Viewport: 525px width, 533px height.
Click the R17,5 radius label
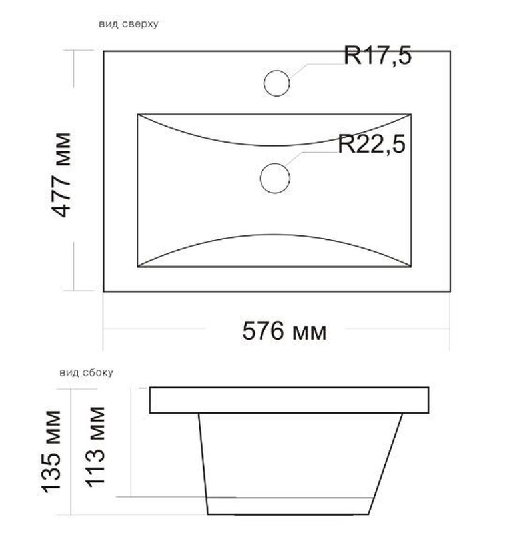click(x=378, y=56)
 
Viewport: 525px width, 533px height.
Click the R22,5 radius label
click(x=372, y=144)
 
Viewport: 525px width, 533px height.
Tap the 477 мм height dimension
click(x=63, y=175)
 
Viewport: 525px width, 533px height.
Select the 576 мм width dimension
click(x=284, y=331)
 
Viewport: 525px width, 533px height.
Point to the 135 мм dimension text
click(x=51, y=452)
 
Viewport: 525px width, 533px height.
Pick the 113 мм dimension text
click(x=95, y=447)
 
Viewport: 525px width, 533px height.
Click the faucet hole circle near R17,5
click(x=276, y=71)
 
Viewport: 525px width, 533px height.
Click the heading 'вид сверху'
click(x=129, y=24)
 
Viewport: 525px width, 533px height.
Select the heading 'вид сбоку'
click(x=86, y=372)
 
